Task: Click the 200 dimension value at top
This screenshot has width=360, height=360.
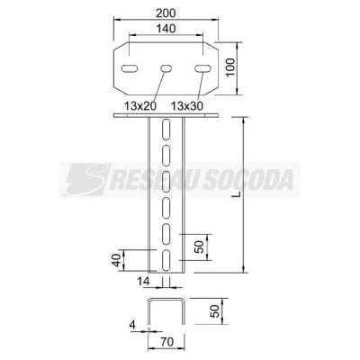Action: coord(166,13)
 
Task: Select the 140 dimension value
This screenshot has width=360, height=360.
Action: coord(166,29)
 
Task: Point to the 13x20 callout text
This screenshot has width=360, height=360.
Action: coord(140,105)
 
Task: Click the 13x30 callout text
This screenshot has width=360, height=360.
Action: coord(187,105)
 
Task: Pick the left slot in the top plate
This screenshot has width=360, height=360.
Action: coord(130,68)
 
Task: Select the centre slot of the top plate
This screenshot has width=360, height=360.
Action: coord(166,68)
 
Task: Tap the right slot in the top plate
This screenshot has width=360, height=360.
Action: coord(202,68)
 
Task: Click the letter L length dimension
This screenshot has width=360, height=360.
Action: coord(238,194)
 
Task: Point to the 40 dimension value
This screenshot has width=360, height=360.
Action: coord(116,260)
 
